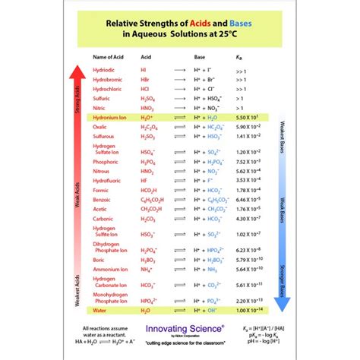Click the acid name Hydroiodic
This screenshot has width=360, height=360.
coord(105,69)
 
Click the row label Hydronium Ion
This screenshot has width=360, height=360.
coord(110,117)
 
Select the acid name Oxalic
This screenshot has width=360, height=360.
coord(101,127)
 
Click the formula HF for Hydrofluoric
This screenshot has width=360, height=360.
coord(144,180)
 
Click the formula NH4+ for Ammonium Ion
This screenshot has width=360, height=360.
coord(147,269)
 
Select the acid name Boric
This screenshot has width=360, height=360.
coord(99,260)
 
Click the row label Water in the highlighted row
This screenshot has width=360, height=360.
coord(99,310)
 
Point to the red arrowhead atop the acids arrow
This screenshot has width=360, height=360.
coord(76,72)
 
